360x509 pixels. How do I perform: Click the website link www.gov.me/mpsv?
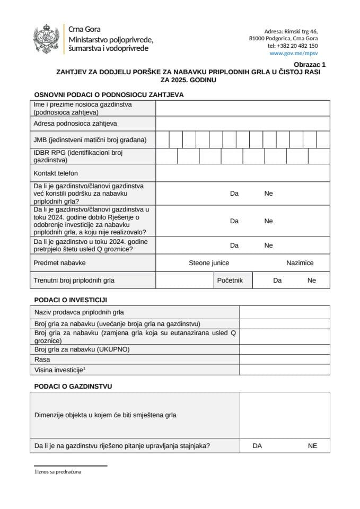coord(293,54)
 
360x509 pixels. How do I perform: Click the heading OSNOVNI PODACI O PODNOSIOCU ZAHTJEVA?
coord(109,95)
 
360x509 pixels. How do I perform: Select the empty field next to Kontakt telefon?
coord(242,173)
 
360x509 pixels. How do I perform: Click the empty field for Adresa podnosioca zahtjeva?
coord(242,124)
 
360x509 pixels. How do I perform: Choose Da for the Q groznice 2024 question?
coord(234,245)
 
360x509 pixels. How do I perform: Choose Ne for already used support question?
coord(268,194)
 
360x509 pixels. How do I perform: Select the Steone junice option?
coord(209,263)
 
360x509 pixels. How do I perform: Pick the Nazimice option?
coord(300,263)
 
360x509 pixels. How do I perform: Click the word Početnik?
coord(230,280)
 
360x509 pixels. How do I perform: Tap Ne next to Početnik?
coord(311,280)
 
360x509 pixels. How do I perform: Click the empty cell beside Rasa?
coord(284,359)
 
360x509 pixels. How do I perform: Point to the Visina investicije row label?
coord(60,370)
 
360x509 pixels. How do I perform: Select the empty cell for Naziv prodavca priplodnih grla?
coord(284,312)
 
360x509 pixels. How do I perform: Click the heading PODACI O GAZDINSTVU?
coord(73,387)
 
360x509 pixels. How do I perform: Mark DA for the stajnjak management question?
coord(257,446)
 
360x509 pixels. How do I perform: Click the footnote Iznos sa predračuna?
coord(59,471)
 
